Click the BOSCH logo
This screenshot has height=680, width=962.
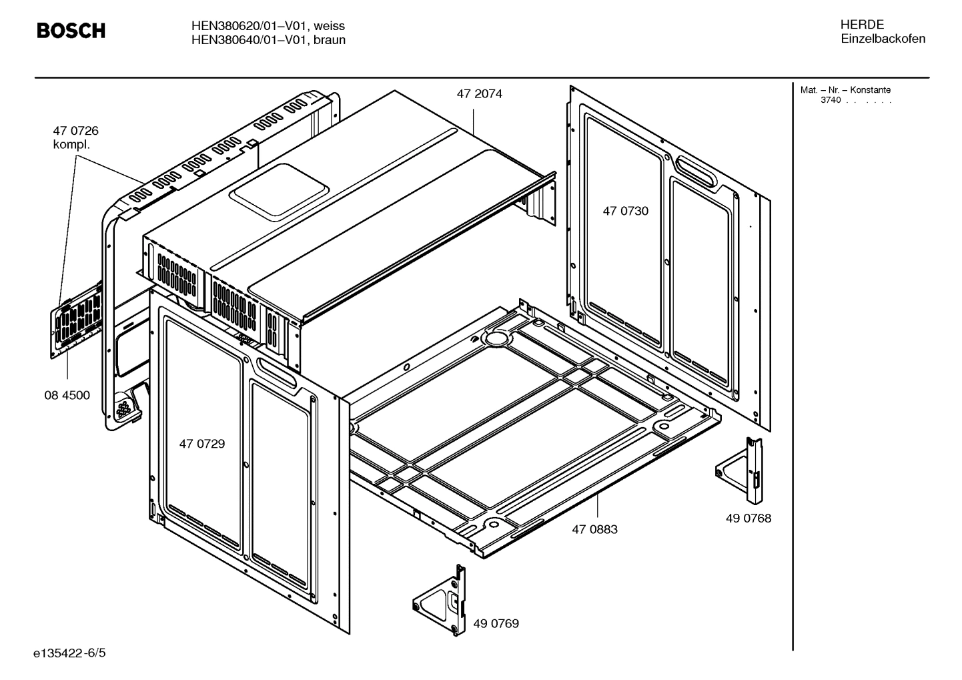pyautogui.click(x=71, y=31)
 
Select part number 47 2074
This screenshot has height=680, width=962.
pyautogui.click(x=479, y=94)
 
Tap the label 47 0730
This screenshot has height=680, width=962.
pyautogui.click(x=625, y=211)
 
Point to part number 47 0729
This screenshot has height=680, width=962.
pyautogui.click(x=201, y=444)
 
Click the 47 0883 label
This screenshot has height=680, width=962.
pyautogui.click(x=594, y=529)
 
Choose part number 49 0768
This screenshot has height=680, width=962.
pyautogui.click(x=748, y=518)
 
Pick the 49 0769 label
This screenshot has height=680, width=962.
pyautogui.click(x=496, y=623)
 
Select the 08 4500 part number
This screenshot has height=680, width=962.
pyautogui.click(x=67, y=395)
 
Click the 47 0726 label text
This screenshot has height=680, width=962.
pyautogui.click(x=75, y=131)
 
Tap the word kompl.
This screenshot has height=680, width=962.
pyautogui.click(x=71, y=145)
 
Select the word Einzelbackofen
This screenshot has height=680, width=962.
pyautogui.click(x=883, y=39)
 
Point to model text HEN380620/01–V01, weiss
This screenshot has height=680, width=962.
pyautogui.click(x=268, y=26)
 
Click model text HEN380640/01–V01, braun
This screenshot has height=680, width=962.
pyautogui.click(x=268, y=40)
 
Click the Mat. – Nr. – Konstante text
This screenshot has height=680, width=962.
pyautogui.click(x=845, y=90)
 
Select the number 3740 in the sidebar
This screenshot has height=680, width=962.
pyautogui.click(x=830, y=100)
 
